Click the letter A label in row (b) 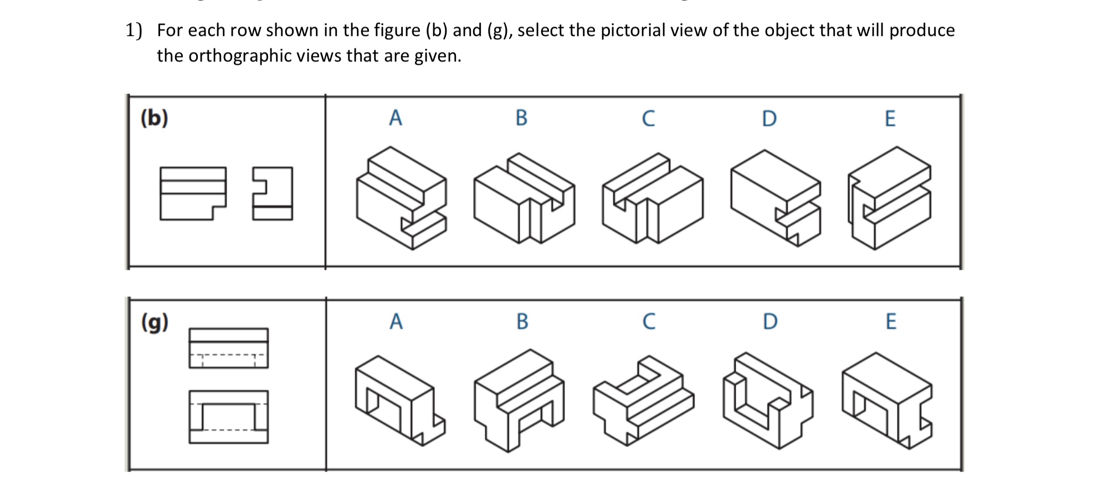click(x=395, y=118)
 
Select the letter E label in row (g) click(x=891, y=321)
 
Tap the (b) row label click(x=154, y=118)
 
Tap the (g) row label click(x=155, y=322)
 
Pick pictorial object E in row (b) click(x=889, y=198)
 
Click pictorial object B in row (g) click(x=519, y=400)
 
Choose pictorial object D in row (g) click(x=767, y=401)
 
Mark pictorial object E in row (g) click(x=886, y=401)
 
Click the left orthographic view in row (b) click(x=193, y=193)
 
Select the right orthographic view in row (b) click(x=273, y=193)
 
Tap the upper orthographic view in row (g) click(x=228, y=348)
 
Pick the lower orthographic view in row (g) click(x=228, y=417)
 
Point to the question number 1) click(x=134, y=30)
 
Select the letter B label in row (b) click(x=521, y=118)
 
